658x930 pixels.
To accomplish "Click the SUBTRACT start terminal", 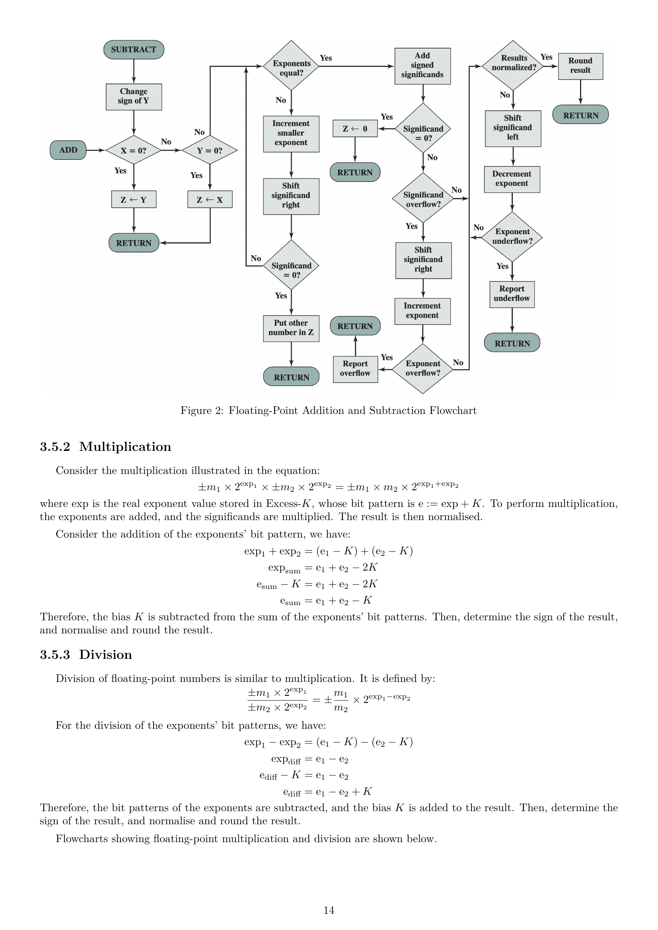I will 134,50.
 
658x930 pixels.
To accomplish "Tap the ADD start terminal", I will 68,150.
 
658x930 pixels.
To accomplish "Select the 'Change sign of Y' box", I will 134,97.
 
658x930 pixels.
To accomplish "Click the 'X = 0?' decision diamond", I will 134,150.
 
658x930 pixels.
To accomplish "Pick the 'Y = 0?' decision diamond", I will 210,150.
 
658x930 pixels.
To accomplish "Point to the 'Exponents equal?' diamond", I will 291,66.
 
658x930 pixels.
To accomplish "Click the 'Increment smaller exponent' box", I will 291,134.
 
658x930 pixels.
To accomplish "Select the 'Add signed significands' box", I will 422,66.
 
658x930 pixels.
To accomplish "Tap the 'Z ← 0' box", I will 355,129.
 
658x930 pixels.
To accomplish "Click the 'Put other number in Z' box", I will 291,328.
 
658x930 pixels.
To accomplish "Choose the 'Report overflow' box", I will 355,369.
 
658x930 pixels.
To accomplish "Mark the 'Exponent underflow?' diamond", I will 512,237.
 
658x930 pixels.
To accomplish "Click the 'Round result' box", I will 580,66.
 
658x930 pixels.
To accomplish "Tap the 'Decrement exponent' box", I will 512,179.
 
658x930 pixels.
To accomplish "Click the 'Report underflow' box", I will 512,294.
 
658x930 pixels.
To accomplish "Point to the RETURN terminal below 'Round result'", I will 580,115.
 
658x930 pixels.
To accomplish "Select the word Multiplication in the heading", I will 125,447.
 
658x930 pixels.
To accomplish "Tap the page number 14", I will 329,910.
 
